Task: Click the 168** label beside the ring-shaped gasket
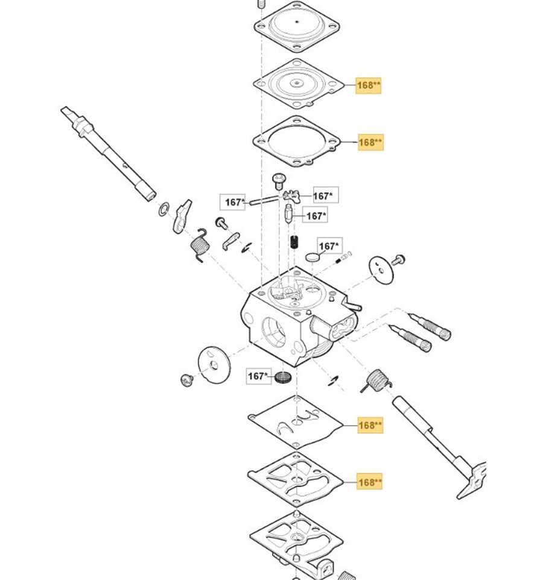(x=370, y=142)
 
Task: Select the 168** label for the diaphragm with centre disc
(x=368, y=86)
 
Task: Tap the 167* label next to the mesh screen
(x=259, y=376)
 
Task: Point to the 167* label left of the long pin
(x=232, y=202)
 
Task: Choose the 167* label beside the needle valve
(x=315, y=216)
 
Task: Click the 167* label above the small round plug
(x=330, y=245)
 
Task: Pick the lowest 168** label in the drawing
(x=369, y=482)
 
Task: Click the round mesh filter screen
(x=283, y=377)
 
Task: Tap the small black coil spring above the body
(x=294, y=242)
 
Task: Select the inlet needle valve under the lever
(x=288, y=214)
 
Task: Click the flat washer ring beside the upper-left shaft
(x=164, y=209)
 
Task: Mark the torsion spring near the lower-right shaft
(x=376, y=381)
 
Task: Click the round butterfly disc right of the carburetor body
(x=381, y=270)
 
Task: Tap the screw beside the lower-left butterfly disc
(x=186, y=380)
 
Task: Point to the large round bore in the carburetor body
(x=274, y=332)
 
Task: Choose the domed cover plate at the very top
(x=297, y=27)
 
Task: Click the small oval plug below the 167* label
(x=313, y=257)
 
